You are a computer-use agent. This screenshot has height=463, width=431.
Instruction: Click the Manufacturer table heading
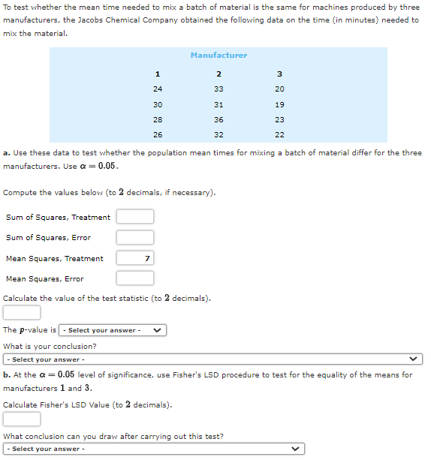pos(219,56)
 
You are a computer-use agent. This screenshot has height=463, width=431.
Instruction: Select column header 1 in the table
pos(157,74)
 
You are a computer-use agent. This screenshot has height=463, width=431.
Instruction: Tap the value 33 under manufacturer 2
pos(219,89)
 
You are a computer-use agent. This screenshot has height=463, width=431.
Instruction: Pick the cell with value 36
pos(219,120)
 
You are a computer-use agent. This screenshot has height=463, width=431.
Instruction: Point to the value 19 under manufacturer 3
pos(279,105)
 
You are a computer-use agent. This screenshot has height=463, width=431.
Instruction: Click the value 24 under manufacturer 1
pos(157,89)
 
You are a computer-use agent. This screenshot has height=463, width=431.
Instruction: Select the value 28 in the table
pos(157,120)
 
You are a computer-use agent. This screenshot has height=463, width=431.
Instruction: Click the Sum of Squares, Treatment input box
pos(135,217)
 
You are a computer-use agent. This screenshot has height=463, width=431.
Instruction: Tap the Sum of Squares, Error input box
pos(135,238)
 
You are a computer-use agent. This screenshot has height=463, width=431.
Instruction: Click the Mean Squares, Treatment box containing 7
pos(135,258)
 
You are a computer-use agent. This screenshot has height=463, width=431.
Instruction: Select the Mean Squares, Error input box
pos(135,278)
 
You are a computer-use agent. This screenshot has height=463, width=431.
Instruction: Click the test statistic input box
pos(22,312)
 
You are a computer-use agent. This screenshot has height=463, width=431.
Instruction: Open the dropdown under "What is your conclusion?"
pos(213,359)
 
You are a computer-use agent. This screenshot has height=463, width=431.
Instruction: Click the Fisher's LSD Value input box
pos(22,419)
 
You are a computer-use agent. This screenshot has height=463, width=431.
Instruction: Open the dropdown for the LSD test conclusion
pos(154,449)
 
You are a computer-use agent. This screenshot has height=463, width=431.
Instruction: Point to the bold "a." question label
pos(7,153)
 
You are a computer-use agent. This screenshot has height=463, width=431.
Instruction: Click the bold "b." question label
pos(7,374)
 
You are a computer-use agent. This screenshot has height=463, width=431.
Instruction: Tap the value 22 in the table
pos(279,135)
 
